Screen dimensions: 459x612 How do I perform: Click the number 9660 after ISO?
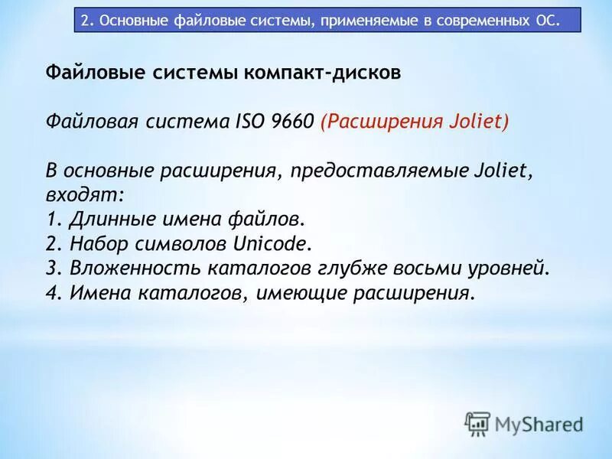pos(288,122)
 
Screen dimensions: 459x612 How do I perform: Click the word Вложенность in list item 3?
pos(132,268)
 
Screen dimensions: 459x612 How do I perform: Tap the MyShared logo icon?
pos(477,423)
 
